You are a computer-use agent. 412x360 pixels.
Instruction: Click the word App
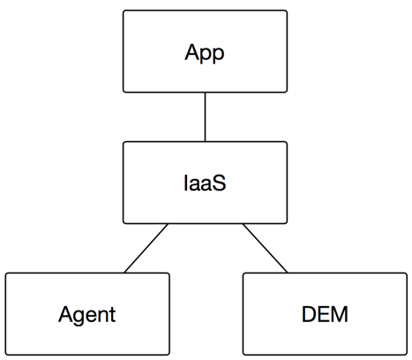[x=205, y=53]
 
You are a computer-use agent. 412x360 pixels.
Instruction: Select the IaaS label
[x=205, y=183]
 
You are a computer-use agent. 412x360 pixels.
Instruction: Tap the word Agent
[x=87, y=315]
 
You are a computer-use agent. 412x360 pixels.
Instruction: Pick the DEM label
[x=325, y=314]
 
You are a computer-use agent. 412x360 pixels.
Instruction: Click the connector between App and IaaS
[x=205, y=117]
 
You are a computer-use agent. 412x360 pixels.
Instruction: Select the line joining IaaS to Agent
[x=146, y=248]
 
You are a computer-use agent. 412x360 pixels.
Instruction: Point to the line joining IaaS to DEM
[x=265, y=248]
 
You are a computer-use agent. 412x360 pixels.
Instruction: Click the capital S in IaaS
[x=219, y=183]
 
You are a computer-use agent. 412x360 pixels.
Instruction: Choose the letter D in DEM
[x=309, y=314]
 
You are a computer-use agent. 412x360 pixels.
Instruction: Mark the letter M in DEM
[x=341, y=314]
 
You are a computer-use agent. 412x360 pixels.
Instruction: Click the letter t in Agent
[x=113, y=315]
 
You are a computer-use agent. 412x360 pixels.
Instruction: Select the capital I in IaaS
[x=185, y=183]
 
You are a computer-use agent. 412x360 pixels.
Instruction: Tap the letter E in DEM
[x=324, y=314]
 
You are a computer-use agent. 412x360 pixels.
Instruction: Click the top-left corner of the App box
[x=124, y=11]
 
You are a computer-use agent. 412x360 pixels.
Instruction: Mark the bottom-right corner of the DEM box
[x=407, y=355]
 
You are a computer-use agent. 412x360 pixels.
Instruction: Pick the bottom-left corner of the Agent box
[x=5, y=355]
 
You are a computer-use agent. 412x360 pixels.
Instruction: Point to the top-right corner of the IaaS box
[x=287, y=142]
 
